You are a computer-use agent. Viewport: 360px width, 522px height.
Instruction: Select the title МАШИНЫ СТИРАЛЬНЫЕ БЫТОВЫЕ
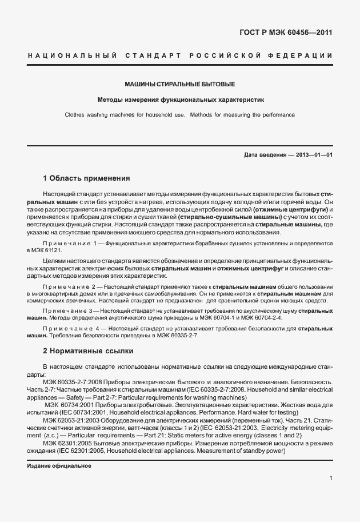180,85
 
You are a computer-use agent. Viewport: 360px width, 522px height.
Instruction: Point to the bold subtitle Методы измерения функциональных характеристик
180,99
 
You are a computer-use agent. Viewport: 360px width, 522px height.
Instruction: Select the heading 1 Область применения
87,178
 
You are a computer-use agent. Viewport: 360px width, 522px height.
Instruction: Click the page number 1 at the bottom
331,478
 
